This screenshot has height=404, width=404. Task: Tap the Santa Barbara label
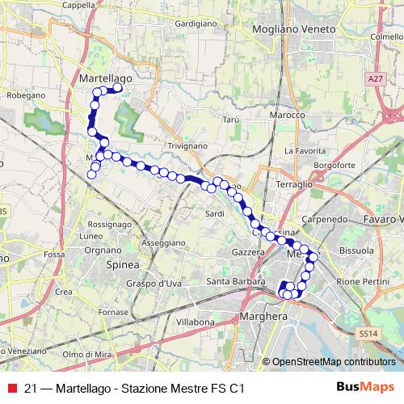(x=230, y=281)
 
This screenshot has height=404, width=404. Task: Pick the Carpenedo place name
(x=324, y=219)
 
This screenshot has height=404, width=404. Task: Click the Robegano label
(x=25, y=95)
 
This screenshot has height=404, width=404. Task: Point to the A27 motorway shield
(x=372, y=79)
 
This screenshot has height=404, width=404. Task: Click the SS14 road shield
(x=368, y=332)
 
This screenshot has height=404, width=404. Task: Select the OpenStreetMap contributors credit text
(x=333, y=362)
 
